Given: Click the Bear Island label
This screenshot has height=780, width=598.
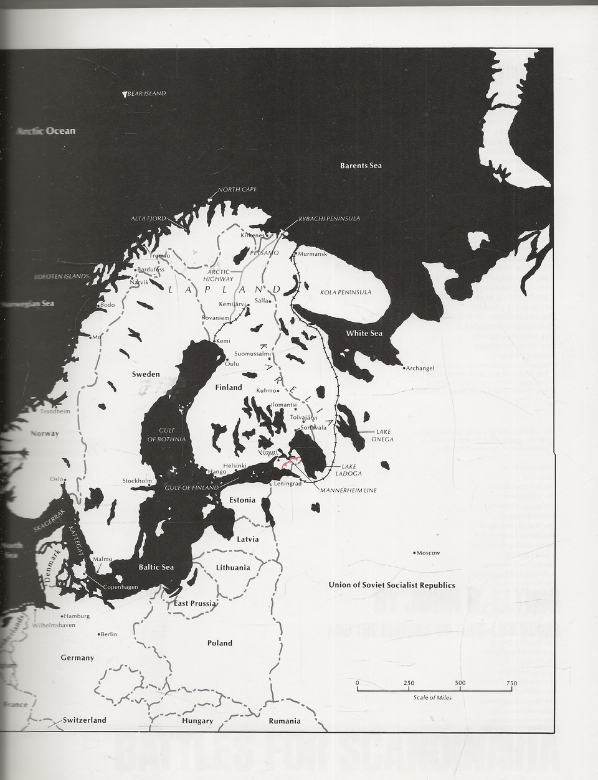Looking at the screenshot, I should tap(147, 93).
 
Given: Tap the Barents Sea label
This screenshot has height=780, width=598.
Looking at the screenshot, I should tap(361, 166).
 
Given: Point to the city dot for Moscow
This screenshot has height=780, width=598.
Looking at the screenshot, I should tap(415, 553).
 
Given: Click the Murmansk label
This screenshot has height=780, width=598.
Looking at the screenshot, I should tap(312, 254).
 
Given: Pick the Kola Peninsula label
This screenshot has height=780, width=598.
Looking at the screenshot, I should tap(345, 292).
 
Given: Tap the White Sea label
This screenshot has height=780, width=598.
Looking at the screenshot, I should tap(364, 333).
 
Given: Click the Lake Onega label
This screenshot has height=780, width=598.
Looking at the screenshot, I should tap(384, 435).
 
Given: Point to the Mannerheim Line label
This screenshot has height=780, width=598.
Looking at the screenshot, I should tap(349, 491).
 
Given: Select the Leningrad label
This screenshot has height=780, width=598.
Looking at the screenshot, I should tap(288, 484).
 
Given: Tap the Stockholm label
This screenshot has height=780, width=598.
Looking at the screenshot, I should tap(137, 481).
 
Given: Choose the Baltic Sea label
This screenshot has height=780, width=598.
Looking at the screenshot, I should tap(156, 567).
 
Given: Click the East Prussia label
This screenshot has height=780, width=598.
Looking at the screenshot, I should tap(195, 603).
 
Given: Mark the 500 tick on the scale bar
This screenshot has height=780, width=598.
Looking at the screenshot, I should tap(460, 689).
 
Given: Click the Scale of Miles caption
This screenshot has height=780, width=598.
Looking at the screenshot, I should tap(432, 698).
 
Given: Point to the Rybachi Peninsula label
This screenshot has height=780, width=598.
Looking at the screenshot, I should tap(329, 218).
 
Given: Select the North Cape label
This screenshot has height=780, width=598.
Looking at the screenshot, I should tap(237, 189).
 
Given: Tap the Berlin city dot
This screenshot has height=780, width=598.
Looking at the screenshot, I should tap(100, 634).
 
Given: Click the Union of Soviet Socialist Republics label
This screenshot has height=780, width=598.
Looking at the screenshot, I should tap(392, 585).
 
